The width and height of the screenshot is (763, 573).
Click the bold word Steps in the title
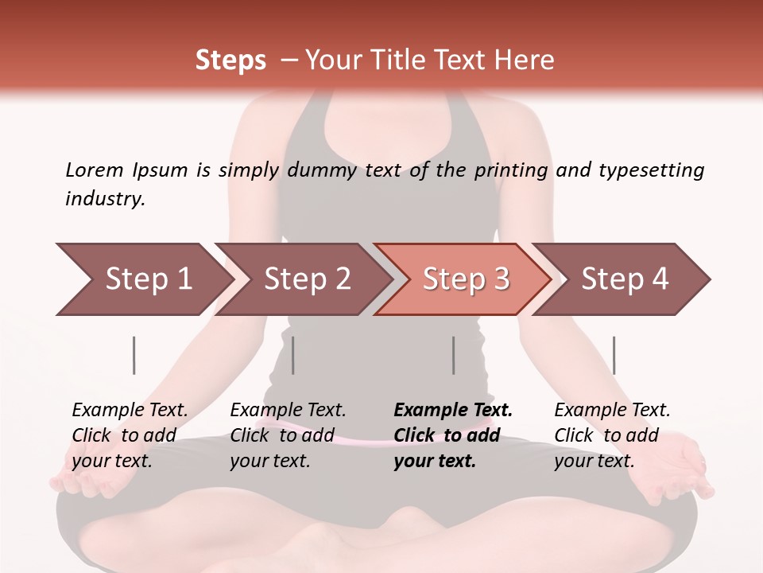pos(230,60)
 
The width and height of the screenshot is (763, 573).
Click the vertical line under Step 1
pos(134,355)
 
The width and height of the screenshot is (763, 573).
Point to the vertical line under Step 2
pos(293,355)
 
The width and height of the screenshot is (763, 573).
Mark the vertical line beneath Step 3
pos(454,355)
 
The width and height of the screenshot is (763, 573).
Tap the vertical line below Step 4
pos(614,355)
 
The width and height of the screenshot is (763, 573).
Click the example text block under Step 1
pos(130,435)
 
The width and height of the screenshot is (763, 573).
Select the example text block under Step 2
pos(288,435)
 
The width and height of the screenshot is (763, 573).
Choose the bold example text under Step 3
pos(453,435)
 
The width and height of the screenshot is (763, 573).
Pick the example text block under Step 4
pos(612,435)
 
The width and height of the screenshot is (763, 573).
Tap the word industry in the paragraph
pos(105,199)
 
